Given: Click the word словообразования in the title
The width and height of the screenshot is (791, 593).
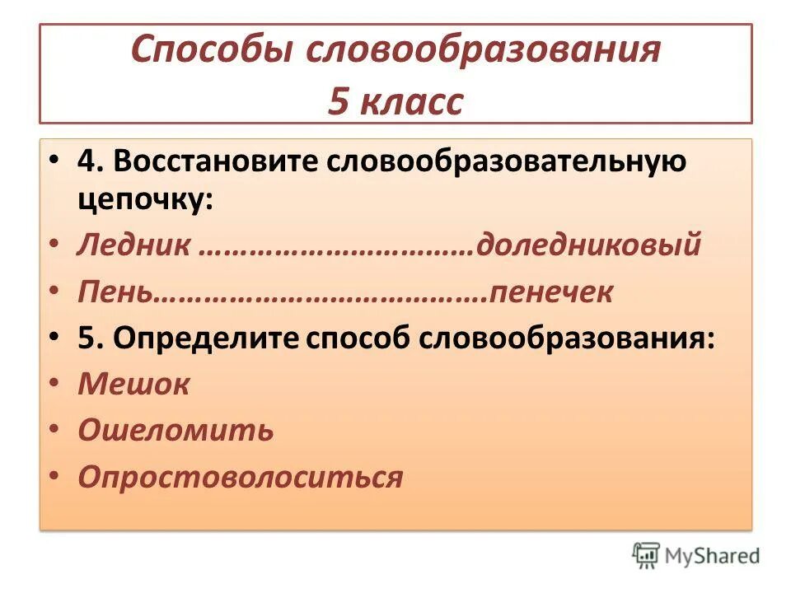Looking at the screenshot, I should click(484, 51).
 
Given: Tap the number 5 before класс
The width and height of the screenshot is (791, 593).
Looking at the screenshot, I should click(339, 101).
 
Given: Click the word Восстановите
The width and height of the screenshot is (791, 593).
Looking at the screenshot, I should click(218, 162).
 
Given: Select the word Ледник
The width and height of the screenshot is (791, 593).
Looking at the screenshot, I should click(135, 245).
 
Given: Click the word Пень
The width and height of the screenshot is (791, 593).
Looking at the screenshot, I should click(115, 292).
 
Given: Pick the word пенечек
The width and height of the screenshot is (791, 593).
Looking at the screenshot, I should click(551, 292).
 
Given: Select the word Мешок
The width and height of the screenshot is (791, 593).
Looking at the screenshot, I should click(133, 385).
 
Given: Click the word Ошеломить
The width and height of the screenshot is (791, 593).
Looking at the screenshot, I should click(175, 431).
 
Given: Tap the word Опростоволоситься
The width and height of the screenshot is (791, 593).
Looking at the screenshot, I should click(241, 477).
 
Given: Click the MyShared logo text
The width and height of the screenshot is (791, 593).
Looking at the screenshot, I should click(713, 557).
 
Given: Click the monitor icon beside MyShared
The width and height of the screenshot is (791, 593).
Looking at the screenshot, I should click(647, 556).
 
